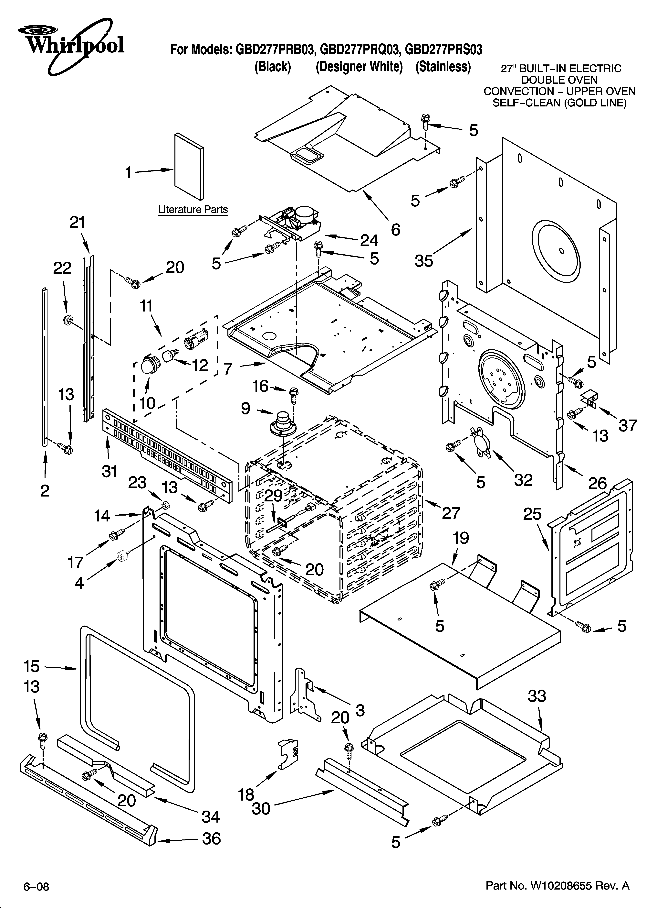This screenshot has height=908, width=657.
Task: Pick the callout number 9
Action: [245, 408]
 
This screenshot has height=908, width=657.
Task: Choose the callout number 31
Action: [109, 472]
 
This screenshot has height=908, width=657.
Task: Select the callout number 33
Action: [537, 696]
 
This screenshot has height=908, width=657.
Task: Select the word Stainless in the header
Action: [443, 66]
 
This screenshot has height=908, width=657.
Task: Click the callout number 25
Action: [532, 514]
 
